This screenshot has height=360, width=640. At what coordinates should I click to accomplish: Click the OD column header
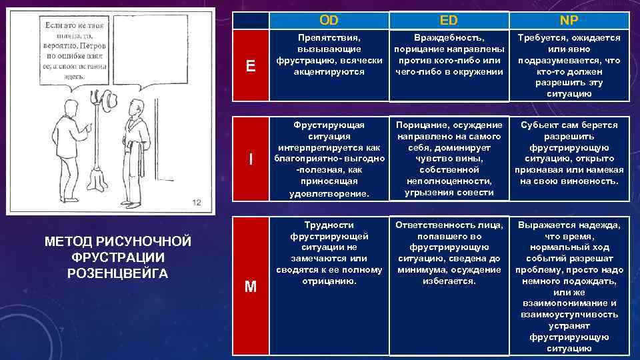(x=329, y=20)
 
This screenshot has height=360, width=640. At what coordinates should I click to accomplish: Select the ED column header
(x=449, y=20)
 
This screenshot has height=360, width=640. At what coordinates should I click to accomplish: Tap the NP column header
(x=569, y=20)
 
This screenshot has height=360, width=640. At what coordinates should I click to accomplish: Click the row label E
(x=250, y=65)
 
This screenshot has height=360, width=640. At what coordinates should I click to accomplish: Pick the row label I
(x=250, y=159)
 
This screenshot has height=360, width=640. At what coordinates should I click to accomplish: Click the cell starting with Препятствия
(x=329, y=55)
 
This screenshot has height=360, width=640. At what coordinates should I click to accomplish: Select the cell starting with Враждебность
(x=449, y=55)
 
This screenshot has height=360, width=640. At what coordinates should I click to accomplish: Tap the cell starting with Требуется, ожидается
(x=569, y=65)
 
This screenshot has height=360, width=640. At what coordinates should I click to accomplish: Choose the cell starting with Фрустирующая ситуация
(x=329, y=159)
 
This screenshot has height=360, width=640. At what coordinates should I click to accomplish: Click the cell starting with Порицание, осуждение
(x=449, y=159)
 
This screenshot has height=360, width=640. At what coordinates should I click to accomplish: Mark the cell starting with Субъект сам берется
(x=569, y=153)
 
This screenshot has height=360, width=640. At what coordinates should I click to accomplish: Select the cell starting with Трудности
(x=329, y=253)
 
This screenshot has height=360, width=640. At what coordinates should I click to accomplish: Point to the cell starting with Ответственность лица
(x=449, y=253)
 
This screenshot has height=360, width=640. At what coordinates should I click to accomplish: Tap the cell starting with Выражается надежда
(x=569, y=285)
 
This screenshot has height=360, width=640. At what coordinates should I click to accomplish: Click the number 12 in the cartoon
(x=196, y=202)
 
